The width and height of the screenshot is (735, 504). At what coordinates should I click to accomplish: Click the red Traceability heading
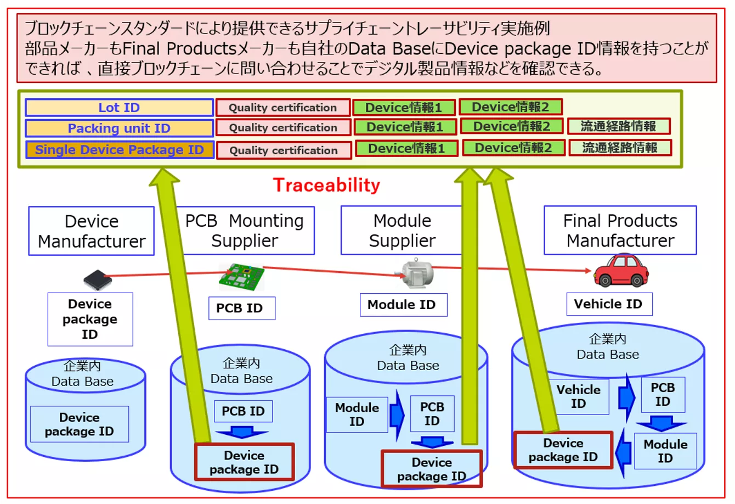(x=326, y=186)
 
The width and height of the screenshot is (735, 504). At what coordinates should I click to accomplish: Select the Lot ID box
(x=119, y=108)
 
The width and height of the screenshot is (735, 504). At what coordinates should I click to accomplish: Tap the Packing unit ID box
(x=119, y=128)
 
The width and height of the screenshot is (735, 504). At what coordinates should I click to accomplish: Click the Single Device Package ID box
(x=119, y=150)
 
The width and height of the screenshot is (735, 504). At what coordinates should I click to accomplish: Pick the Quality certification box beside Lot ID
(x=282, y=108)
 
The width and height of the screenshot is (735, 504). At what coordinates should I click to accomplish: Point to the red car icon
(x=621, y=270)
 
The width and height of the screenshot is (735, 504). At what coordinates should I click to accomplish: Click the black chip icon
(x=98, y=281)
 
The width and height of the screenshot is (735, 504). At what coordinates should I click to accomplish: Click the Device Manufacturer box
(x=92, y=231)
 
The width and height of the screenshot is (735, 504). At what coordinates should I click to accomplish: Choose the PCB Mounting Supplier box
(x=245, y=231)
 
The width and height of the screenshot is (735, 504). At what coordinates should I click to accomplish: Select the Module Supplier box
(x=402, y=231)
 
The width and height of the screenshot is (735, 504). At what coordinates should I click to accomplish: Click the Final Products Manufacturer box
(x=620, y=231)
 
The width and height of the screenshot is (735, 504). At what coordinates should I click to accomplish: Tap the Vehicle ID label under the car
(x=608, y=304)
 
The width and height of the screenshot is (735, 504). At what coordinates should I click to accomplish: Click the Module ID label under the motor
(x=403, y=305)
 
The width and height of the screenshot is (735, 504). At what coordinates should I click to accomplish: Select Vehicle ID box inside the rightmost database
(x=578, y=397)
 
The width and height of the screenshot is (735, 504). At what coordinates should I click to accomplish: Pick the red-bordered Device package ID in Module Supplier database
(x=432, y=469)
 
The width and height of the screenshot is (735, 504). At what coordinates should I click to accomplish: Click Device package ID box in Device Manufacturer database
(x=80, y=424)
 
